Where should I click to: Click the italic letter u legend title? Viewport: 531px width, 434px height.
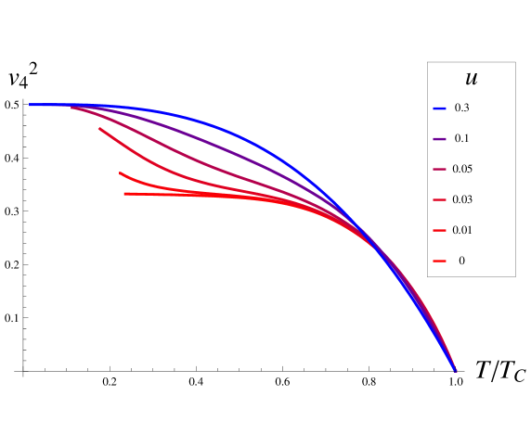tap(471, 80)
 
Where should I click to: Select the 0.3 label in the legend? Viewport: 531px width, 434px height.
tap(461, 108)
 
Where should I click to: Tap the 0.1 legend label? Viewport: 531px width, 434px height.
tap(461, 139)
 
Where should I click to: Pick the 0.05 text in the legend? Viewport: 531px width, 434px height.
tap(462, 170)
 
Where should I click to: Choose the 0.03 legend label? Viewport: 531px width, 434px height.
tap(462, 200)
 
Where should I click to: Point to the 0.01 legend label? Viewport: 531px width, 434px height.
tap(462, 231)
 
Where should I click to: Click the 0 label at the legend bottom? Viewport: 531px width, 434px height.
tap(461, 262)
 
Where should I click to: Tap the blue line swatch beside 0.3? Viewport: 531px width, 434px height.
tap(439, 108)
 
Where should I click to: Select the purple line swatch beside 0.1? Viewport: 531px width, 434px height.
tap(439, 139)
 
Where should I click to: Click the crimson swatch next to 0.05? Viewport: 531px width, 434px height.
tap(439, 170)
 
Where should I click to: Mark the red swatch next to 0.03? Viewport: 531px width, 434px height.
tap(439, 200)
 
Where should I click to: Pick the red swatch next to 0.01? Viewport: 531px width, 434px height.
tap(439, 231)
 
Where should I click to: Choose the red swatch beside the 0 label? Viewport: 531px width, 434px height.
tap(439, 262)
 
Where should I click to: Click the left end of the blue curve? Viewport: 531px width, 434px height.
tap(31, 105)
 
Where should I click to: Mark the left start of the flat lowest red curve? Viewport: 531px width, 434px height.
tap(125, 194)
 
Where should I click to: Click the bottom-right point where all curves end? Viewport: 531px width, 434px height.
tap(456, 371)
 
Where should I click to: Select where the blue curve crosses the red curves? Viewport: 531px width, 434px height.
tap(375, 243)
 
